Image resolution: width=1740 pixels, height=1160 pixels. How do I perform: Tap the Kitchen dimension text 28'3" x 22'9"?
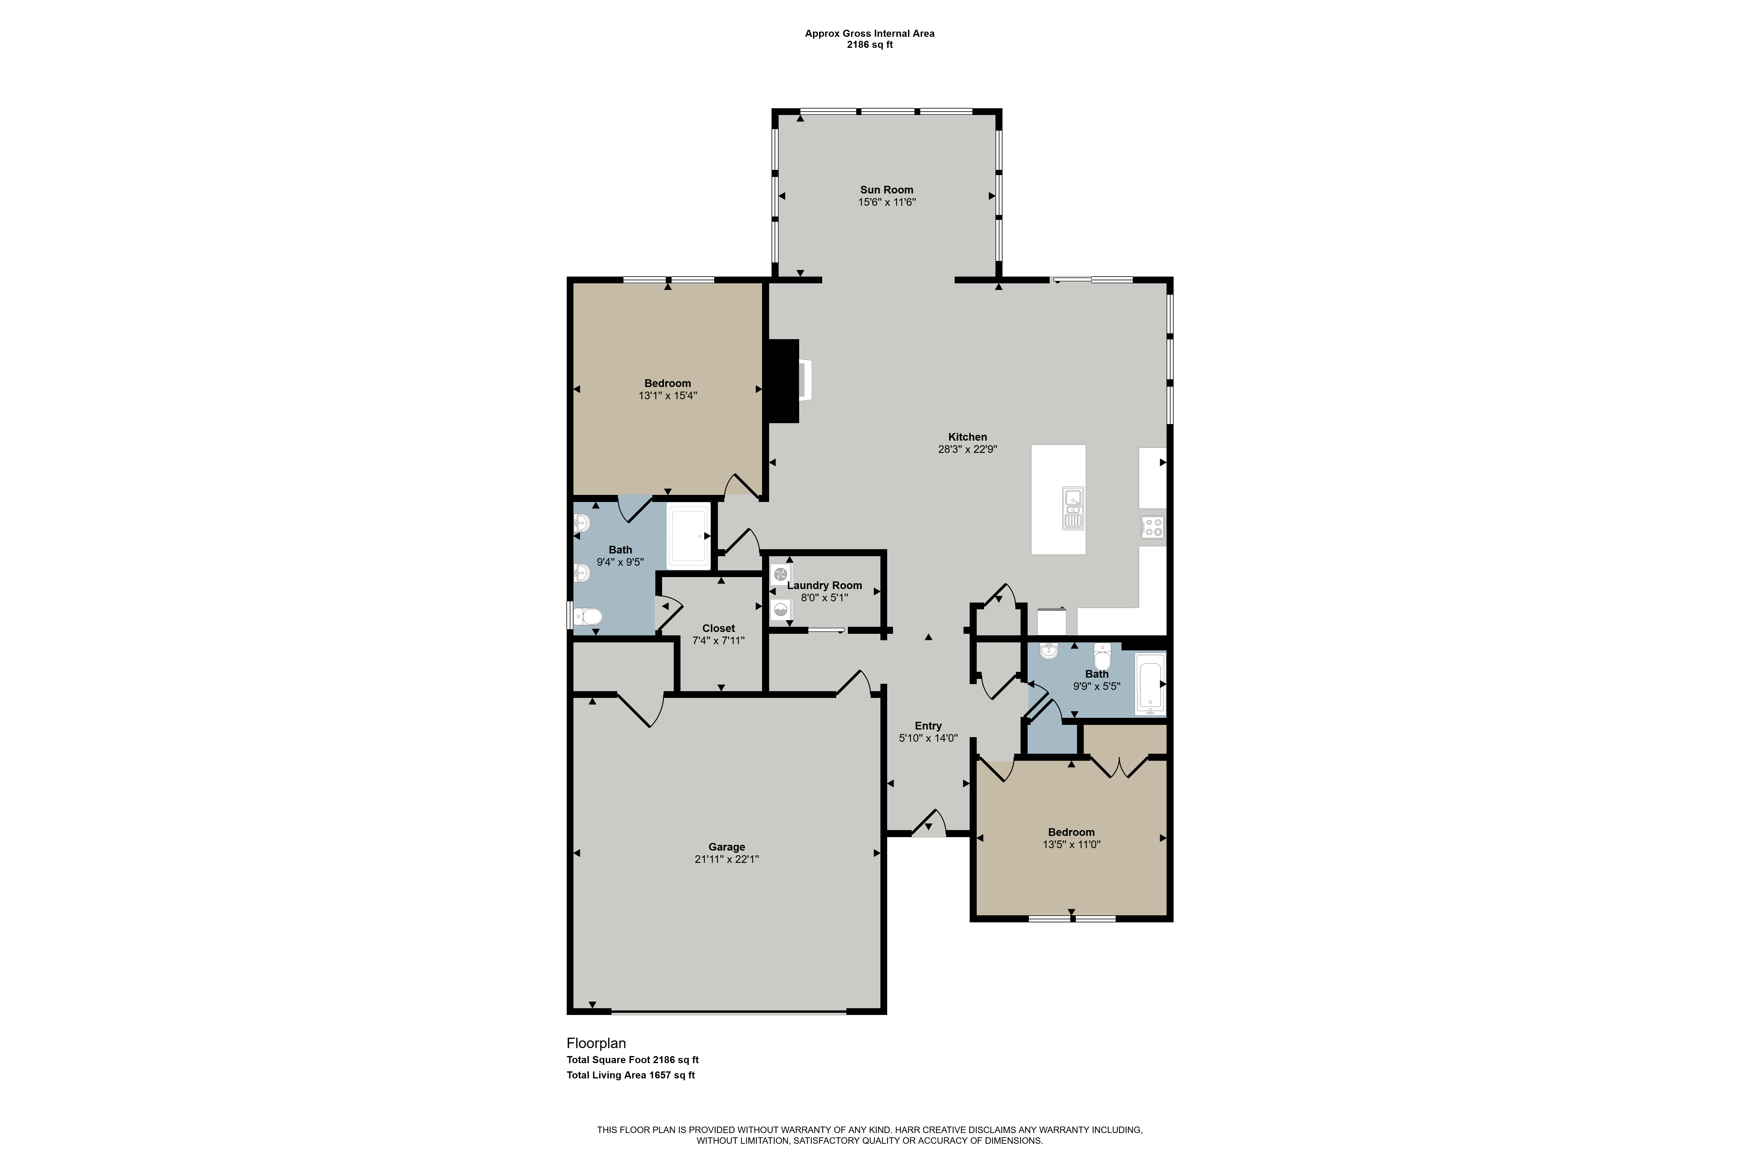pyautogui.click(x=968, y=449)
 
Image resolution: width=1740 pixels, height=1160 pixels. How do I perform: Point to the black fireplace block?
pyautogui.click(x=783, y=381)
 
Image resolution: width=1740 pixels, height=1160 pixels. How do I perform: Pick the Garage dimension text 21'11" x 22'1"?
pyautogui.click(x=726, y=859)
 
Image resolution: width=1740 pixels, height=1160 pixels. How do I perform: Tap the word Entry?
pyautogui.click(x=929, y=726)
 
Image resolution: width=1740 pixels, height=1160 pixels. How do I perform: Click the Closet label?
pyautogui.click(x=718, y=629)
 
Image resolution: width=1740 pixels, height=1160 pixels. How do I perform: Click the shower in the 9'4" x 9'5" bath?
pyautogui.click(x=689, y=536)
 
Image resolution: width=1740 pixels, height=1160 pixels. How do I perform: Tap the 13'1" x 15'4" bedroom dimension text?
pyautogui.click(x=668, y=396)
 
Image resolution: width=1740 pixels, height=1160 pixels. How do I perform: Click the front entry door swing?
pyautogui.click(x=929, y=823)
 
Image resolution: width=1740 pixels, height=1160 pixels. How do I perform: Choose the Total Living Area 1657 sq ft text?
pyautogui.click(x=631, y=1075)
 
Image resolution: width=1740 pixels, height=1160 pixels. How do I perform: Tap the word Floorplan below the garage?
pyautogui.click(x=596, y=1043)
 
